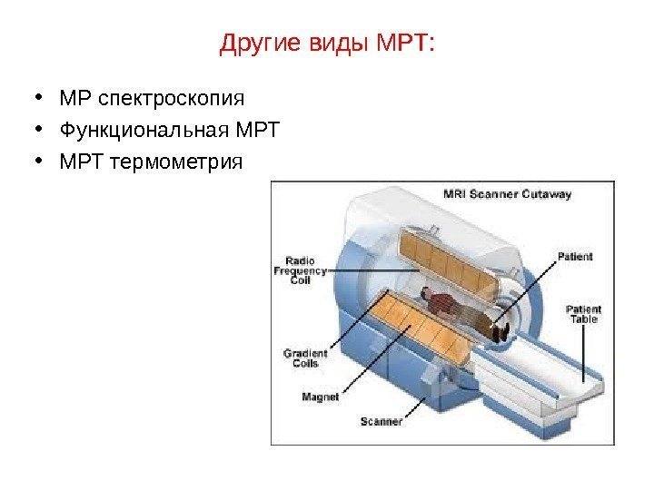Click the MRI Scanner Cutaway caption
coord(506,194)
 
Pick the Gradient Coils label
coord(300,358)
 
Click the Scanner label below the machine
coord(381,421)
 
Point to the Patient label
coord(575,257)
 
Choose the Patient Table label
coord(584,314)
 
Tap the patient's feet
coord(499,332)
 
